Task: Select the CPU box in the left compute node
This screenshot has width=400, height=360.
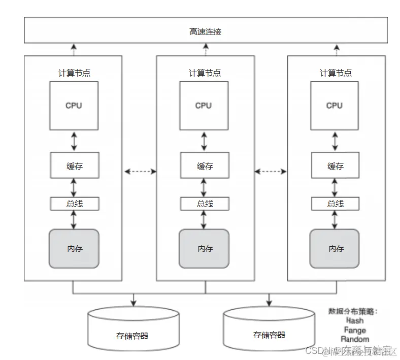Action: coord(74,106)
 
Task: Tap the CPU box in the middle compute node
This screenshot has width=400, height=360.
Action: coord(204,106)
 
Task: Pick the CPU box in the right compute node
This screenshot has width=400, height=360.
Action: coord(334,106)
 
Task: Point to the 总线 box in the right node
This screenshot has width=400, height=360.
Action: coord(335,204)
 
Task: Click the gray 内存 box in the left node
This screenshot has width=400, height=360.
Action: coord(74,248)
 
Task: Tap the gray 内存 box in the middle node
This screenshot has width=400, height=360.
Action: coord(204,248)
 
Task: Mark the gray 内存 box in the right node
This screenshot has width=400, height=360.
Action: coord(335,248)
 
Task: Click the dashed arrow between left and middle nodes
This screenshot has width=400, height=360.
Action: coord(139,172)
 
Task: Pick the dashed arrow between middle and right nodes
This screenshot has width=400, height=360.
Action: coord(271,172)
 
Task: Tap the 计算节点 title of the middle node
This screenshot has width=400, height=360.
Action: coord(205,73)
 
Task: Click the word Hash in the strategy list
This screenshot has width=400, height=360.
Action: coord(355,320)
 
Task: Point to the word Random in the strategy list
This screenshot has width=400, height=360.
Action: coord(355,339)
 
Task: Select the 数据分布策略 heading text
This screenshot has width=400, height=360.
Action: coord(354,311)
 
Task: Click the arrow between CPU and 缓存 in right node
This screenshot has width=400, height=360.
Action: coord(335,142)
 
